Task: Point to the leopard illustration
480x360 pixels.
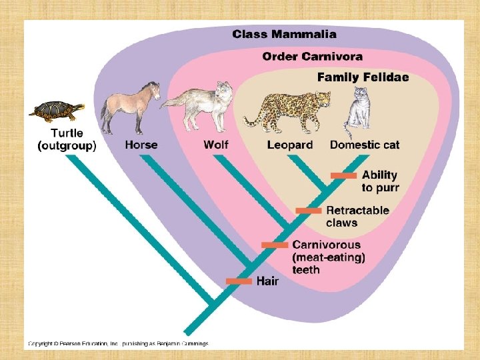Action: pos(290,109)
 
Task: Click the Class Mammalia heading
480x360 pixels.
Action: pos(284,34)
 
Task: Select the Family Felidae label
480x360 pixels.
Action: pos(363,77)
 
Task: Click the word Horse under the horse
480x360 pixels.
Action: pos(141,145)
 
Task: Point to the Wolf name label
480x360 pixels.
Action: pos(216,145)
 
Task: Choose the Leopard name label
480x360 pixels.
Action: pos(290,145)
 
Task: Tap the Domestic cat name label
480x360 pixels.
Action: pos(365,145)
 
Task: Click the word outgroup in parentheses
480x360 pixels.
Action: pos(67,146)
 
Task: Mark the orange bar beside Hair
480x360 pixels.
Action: pos(239,281)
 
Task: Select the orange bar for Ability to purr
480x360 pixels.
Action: pos(344,175)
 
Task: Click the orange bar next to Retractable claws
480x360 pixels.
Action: pos(309,211)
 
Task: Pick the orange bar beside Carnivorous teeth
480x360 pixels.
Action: pos(275,245)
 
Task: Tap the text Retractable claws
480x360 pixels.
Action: pos(357,217)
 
